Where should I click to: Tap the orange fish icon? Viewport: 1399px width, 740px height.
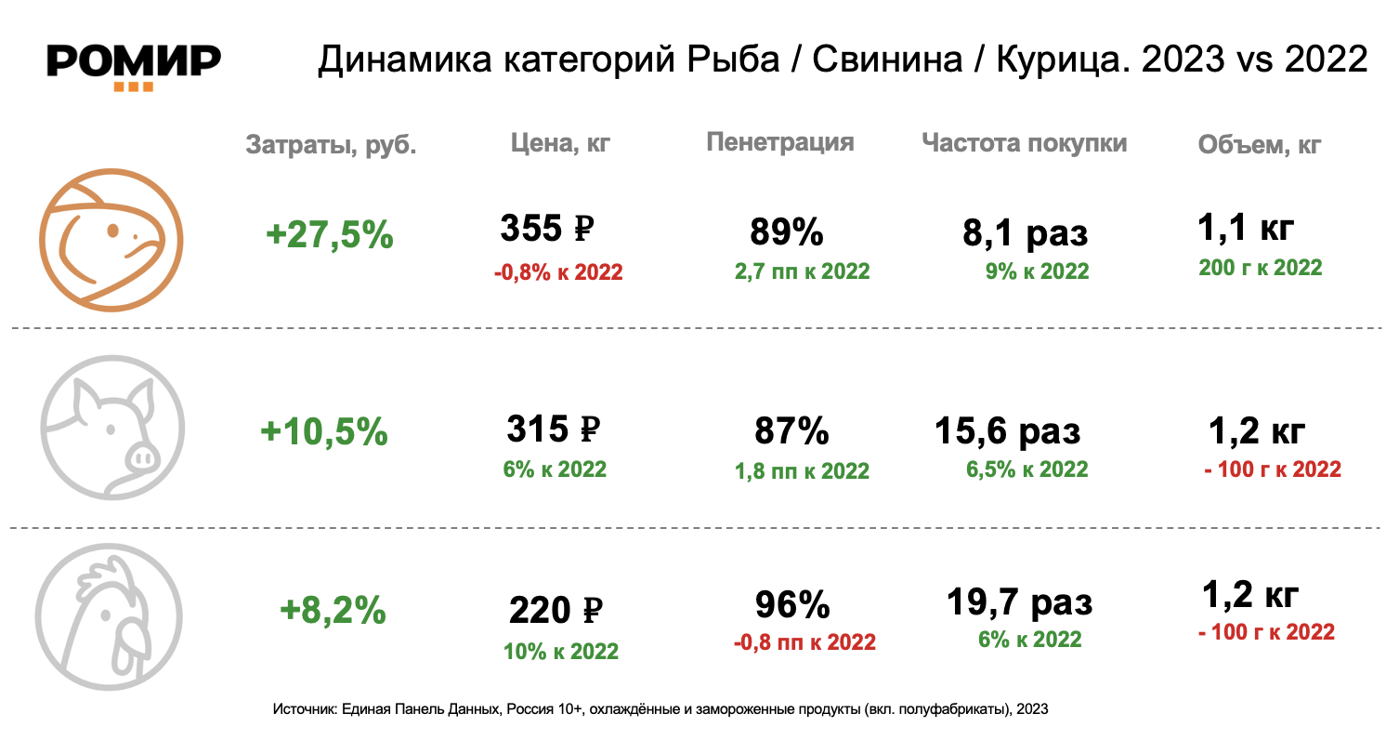click(x=111, y=239)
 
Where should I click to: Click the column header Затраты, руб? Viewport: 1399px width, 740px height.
click(x=331, y=145)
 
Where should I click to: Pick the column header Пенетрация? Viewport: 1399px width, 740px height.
click(x=779, y=142)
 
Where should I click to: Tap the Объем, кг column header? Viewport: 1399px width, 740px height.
click(x=1259, y=145)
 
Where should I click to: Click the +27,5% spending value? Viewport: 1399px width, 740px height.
click(x=330, y=235)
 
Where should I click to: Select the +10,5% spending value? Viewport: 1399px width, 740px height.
click(x=324, y=431)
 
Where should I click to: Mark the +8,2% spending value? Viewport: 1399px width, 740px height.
click(x=333, y=610)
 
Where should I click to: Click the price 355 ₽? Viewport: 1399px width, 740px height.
click(x=547, y=228)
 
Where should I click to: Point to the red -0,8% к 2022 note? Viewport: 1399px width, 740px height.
click(x=558, y=272)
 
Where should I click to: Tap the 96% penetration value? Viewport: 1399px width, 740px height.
click(x=791, y=605)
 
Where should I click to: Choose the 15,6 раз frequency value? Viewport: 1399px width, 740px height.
click(x=1006, y=431)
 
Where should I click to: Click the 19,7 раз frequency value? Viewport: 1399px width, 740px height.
click(x=1019, y=602)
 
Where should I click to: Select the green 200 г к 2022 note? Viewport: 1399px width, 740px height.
click(x=1261, y=268)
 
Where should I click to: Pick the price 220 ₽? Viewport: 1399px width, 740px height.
click(x=556, y=611)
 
